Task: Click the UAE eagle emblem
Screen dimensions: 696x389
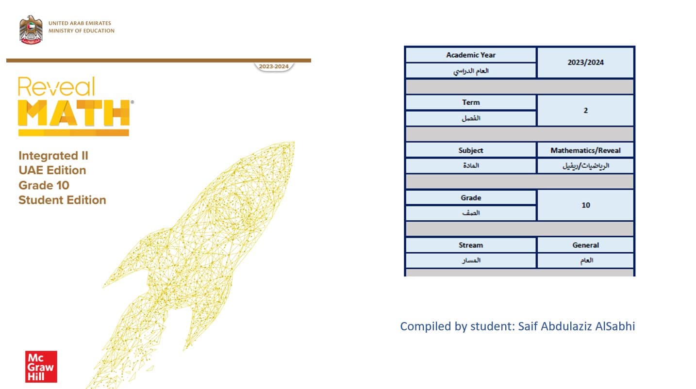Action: coord(31,30)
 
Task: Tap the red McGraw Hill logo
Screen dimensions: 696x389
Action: coord(41,367)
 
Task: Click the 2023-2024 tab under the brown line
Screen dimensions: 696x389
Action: coord(273,66)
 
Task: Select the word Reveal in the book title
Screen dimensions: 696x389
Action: coord(56,87)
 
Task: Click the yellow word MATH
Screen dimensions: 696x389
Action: coord(74,113)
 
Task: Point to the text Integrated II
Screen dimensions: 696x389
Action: coord(53,156)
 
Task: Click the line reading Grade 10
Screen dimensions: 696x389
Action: coord(44,185)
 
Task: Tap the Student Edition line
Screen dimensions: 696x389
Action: coord(62,200)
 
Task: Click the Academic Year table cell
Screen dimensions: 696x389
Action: coord(471,55)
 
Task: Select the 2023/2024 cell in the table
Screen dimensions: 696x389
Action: coord(585,63)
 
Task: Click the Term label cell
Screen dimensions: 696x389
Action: coord(471,102)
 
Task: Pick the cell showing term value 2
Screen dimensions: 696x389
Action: coord(585,111)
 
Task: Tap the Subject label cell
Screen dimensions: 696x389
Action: coord(471,150)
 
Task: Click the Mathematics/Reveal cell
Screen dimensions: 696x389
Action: coord(585,150)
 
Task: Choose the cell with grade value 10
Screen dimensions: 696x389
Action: coord(585,205)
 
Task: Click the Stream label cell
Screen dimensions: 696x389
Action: coord(471,245)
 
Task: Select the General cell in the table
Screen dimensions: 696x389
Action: coord(585,245)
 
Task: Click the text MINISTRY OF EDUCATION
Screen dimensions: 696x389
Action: coord(82,31)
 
